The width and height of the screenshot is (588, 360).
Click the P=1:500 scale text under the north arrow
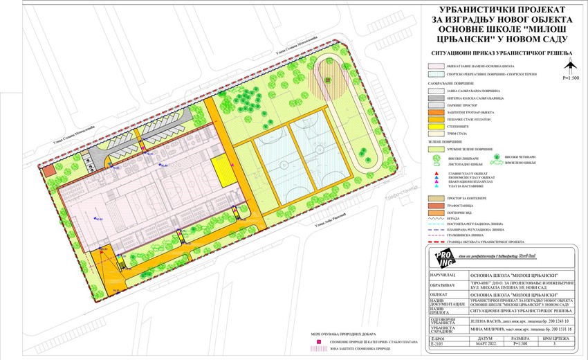(x=571, y=78)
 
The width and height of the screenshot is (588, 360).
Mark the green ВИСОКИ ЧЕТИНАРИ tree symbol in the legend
(x=497, y=156)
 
